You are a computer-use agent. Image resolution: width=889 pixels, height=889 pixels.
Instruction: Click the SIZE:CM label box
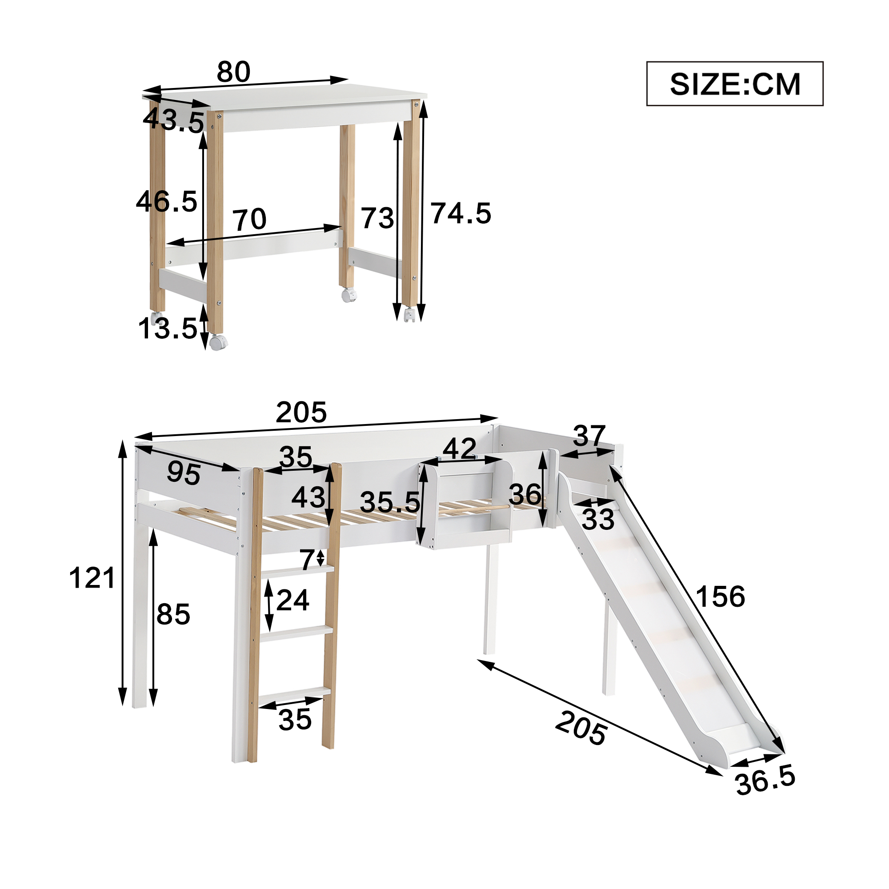[x=734, y=84]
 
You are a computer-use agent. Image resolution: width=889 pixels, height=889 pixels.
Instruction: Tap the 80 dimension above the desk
[x=233, y=72]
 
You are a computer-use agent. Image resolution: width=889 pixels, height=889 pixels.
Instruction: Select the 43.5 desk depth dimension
[x=173, y=120]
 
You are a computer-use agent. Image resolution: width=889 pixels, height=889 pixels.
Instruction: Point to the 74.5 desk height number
[x=461, y=213]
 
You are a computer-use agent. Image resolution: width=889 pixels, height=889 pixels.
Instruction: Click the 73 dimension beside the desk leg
[x=377, y=218]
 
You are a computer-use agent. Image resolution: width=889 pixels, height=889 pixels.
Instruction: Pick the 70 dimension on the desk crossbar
[x=249, y=220]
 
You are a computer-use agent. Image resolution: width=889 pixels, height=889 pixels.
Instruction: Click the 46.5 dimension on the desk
[x=167, y=201]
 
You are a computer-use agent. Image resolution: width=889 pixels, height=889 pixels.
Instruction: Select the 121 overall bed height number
[x=92, y=578]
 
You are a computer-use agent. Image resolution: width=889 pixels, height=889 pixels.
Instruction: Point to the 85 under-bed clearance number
[x=173, y=614]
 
